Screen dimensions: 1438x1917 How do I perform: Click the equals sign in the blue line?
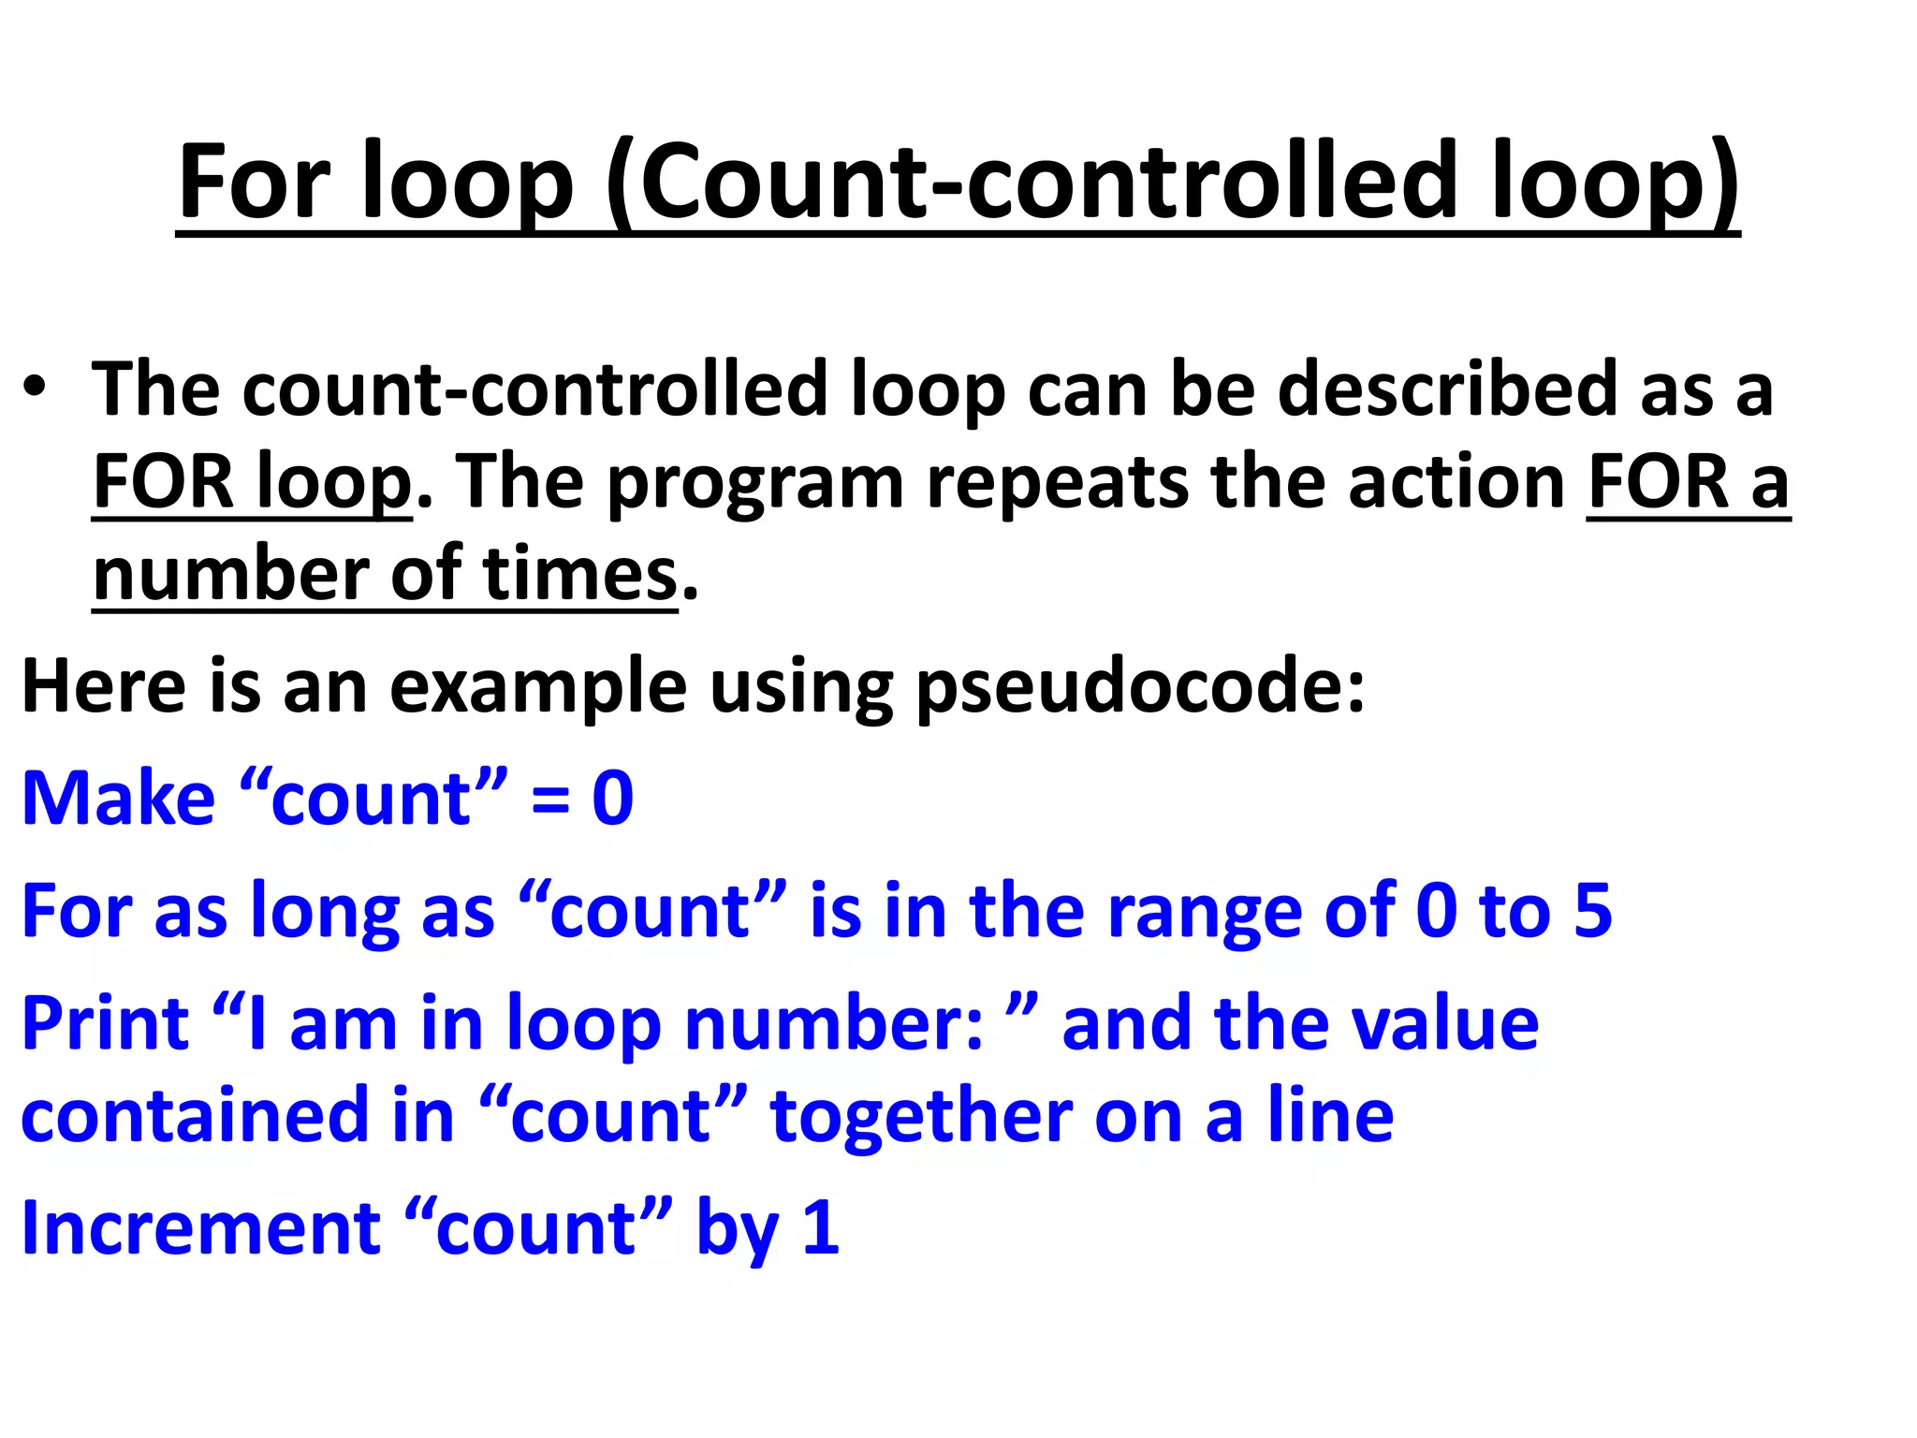(x=550, y=800)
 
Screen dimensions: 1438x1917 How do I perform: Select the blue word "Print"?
(x=106, y=1023)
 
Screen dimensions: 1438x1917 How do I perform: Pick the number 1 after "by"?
(x=821, y=1227)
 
